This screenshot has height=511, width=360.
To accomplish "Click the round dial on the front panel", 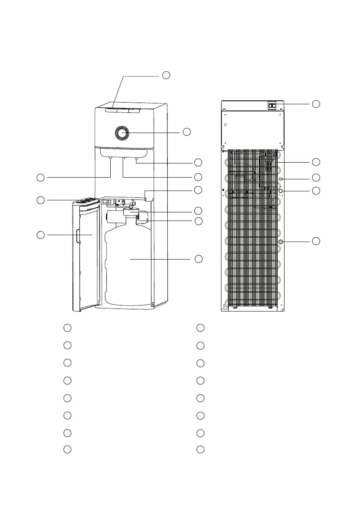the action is (x=122, y=133).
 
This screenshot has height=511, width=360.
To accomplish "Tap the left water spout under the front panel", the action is (x=111, y=159).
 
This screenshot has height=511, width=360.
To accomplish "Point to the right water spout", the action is (x=137, y=160).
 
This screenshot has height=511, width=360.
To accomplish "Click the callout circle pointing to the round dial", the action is (x=186, y=132).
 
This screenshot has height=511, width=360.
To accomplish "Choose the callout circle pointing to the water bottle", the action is (x=198, y=259).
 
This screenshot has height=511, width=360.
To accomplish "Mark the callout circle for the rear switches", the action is (x=316, y=104).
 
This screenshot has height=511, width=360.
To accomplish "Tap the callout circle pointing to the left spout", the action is (x=40, y=177).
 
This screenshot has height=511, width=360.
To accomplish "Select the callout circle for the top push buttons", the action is (x=166, y=76).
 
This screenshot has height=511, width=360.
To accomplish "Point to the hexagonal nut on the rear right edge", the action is (x=281, y=191).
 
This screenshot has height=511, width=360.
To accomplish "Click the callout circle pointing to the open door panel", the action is (x=40, y=235).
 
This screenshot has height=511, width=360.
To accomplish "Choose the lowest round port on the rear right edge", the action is (x=281, y=242).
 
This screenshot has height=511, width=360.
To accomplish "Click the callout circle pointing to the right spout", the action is (x=198, y=163).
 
